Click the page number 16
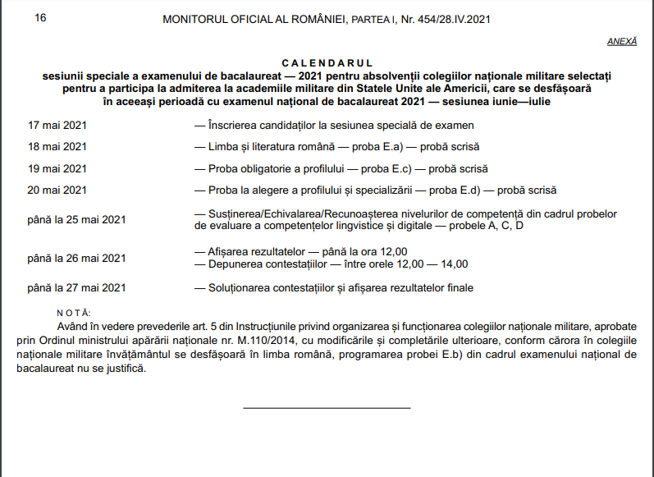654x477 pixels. [40, 16]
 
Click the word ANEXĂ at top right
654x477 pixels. [622, 41]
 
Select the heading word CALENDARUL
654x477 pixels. [327, 63]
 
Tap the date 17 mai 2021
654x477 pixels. [57, 126]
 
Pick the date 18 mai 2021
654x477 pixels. [57, 147]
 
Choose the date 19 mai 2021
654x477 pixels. [57, 169]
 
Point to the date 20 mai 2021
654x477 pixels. [57, 190]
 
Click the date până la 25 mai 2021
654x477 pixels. [76, 219]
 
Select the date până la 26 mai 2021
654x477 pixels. [76, 258]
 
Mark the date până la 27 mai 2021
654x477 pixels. [76, 287]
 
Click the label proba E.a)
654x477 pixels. [361, 147]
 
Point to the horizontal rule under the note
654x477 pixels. [326, 407]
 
